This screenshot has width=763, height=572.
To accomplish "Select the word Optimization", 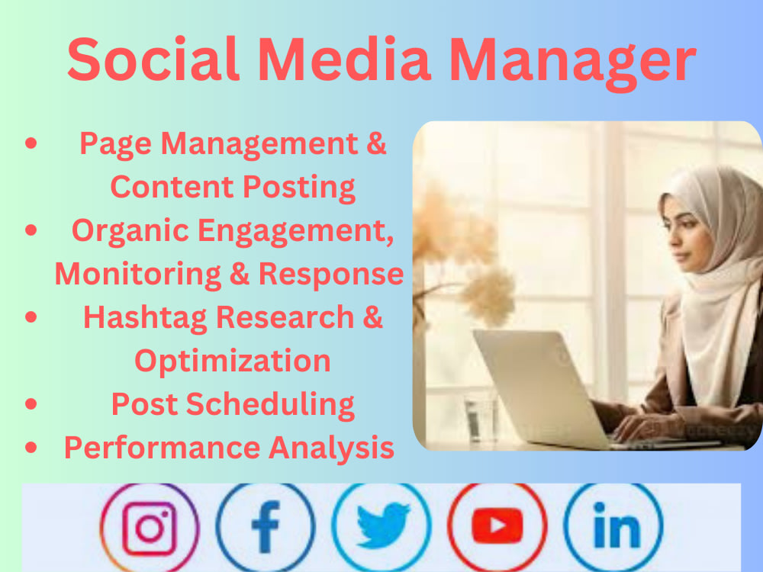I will click(x=233, y=360).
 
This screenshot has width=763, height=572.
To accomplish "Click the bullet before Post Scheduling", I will click(x=31, y=404).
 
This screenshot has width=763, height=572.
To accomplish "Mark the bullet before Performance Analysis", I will click(x=31, y=448).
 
